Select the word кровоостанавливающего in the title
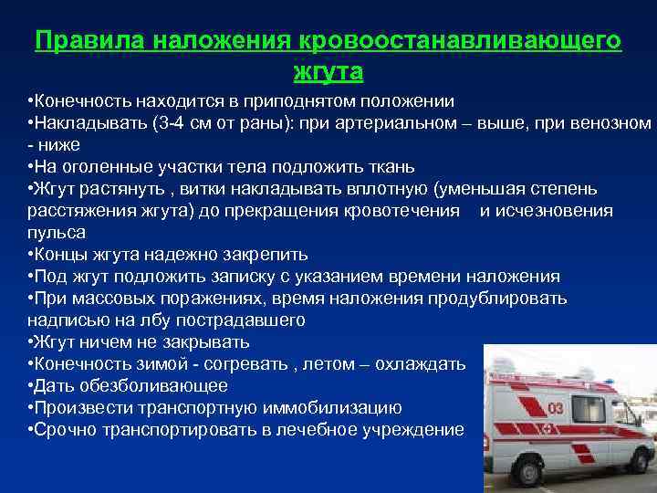pyautogui.click(x=457, y=42)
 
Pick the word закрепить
pyautogui.click(x=261, y=254)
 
